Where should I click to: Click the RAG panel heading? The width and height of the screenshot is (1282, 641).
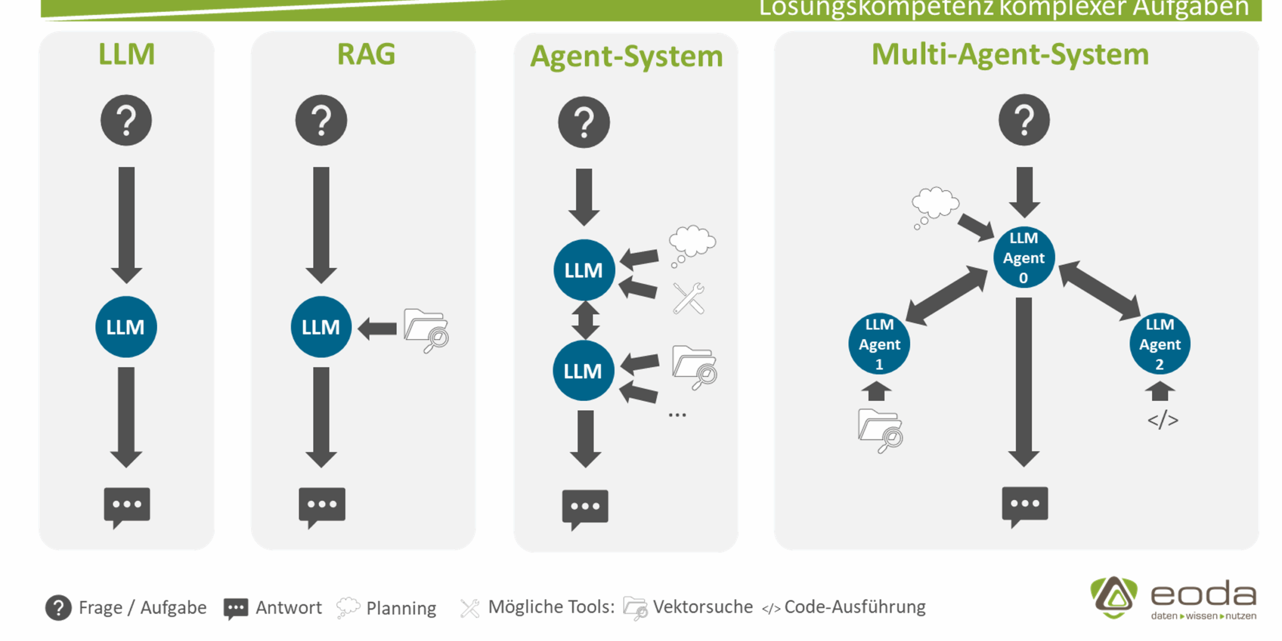pyautogui.click(x=366, y=54)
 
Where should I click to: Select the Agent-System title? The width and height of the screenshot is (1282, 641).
pyautogui.click(x=626, y=56)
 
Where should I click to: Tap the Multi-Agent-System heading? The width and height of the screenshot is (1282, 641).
pyautogui.click(x=1010, y=54)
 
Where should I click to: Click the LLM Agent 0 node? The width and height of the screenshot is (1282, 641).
pyautogui.click(x=1024, y=258)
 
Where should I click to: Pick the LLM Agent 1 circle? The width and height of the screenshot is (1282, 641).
pyautogui.click(x=879, y=344)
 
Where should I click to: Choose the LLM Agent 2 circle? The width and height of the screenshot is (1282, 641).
pyautogui.click(x=1159, y=344)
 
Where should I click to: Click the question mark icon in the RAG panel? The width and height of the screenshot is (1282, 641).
pyautogui.click(x=321, y=120)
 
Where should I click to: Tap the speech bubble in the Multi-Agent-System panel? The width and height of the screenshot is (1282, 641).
pyautogui.click(x=1025, y=505)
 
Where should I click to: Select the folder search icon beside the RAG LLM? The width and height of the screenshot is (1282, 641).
pyautogui.click(x=426, y=330)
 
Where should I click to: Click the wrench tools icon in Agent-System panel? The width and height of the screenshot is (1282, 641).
pyautogui.click(x=689, y=298)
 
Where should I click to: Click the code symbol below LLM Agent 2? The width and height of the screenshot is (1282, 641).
pyautogui.click(x=1162, y=420)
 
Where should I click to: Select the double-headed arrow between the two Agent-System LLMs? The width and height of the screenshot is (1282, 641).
pyautogui.click(x=585, y=320)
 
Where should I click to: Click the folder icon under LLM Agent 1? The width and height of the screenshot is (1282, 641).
pyautogui.click(x=880, y=430)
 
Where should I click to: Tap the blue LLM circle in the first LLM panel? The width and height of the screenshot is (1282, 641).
pyautogui.click(x=126, y=327)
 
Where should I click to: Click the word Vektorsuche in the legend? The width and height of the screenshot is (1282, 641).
pyautogui.click(x=702, y=607)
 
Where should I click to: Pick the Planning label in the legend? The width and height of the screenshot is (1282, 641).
pyautogui.click(x=401, y=608)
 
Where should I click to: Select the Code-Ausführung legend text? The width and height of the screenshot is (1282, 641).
pyautogui.click(x=854, y=607)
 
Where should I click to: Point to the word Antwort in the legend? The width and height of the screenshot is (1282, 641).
pyautogui.click(x=288, y=607)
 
